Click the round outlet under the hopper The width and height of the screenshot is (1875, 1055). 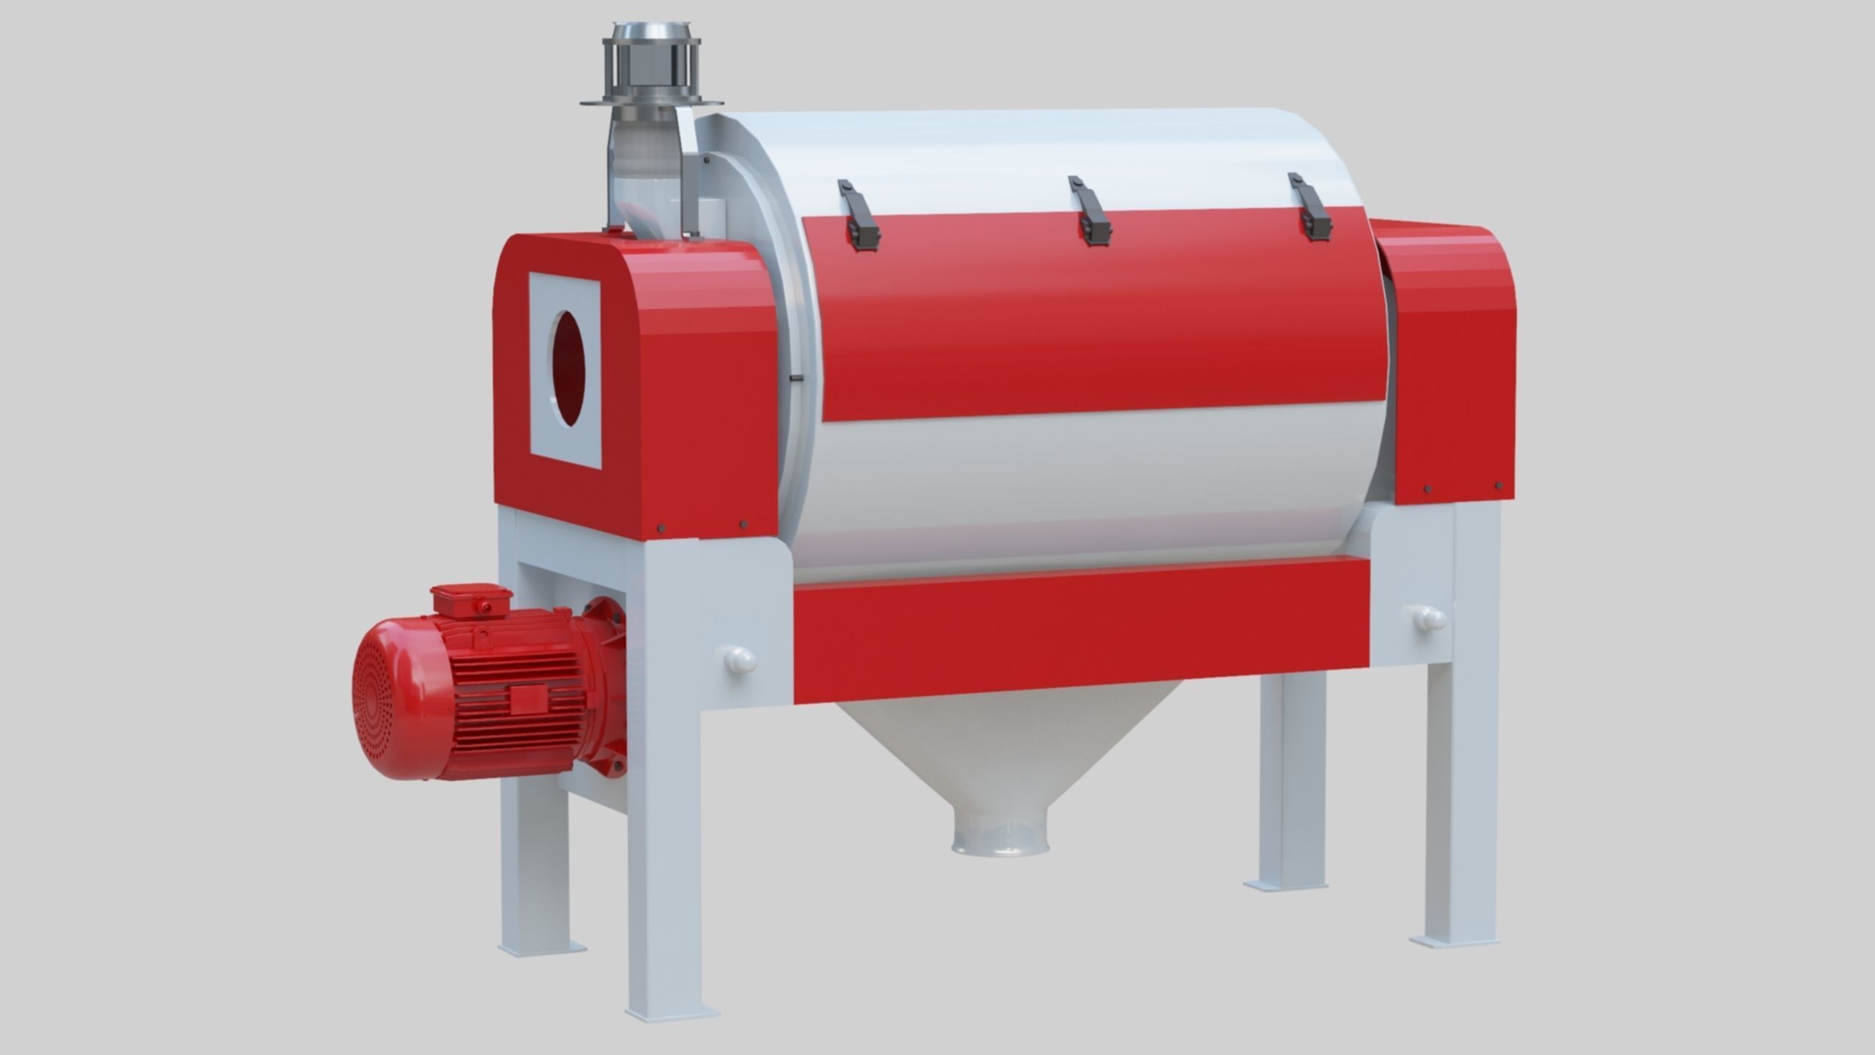click(x=1000, y=842)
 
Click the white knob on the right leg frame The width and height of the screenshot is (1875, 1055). click(x=1428, y=620)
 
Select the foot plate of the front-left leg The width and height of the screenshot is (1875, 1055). click(x=663, y=1012)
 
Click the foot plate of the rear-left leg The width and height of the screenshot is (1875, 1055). click(x=542, y=948)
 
